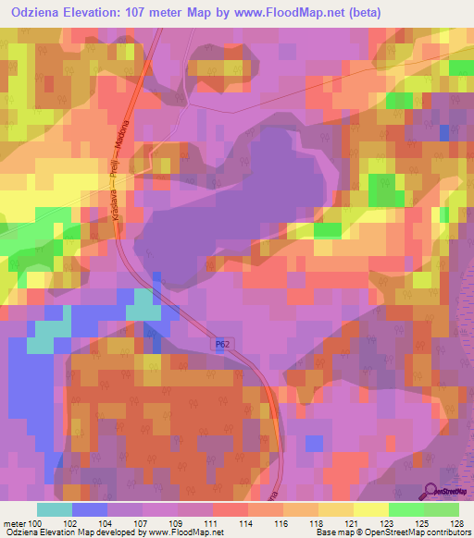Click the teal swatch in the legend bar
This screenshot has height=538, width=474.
[55, 509]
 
